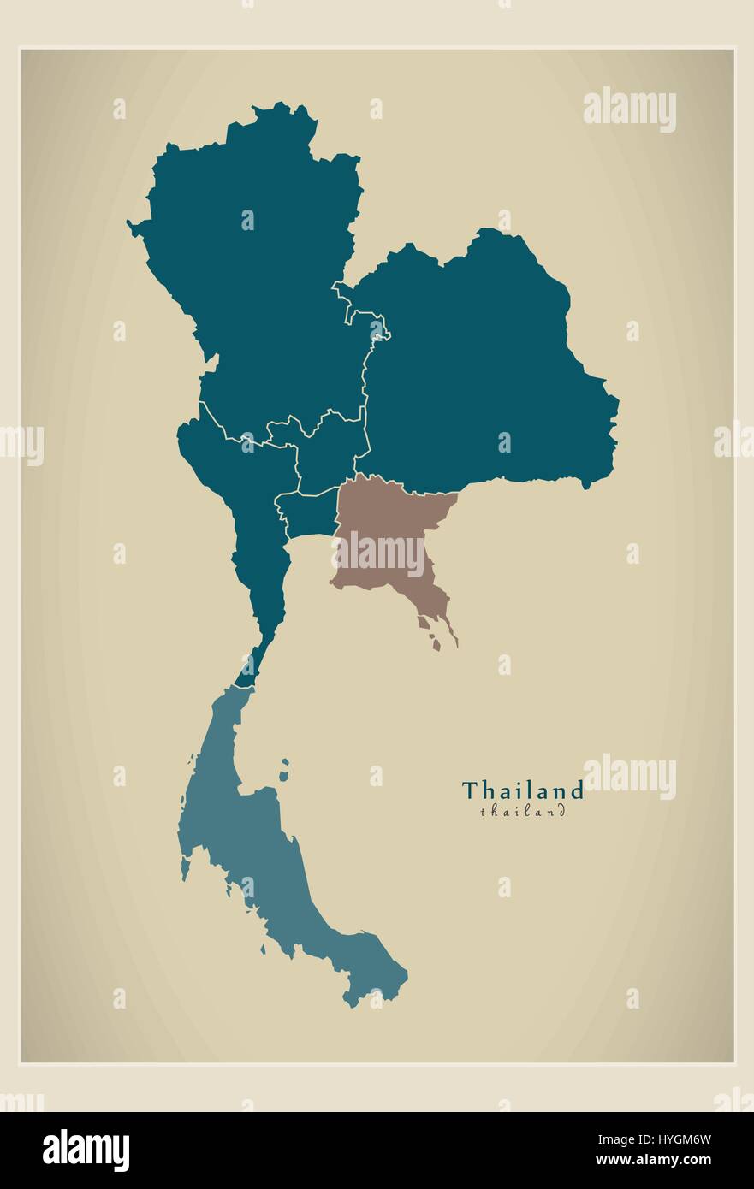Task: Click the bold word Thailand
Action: (x=522, y=790)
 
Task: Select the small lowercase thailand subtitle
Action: (x=522, y=812)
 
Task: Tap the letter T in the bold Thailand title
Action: (x=469, y=790)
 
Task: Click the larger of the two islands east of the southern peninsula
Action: (x=282, y=775)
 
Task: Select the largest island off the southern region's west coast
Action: (x=185, y=868)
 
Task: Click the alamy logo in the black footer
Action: (x=86, y=1151)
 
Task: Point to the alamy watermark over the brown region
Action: (x=377, y=554)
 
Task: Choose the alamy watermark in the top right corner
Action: (x=629, y=109)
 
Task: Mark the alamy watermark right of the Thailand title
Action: (x=629, y=777)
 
